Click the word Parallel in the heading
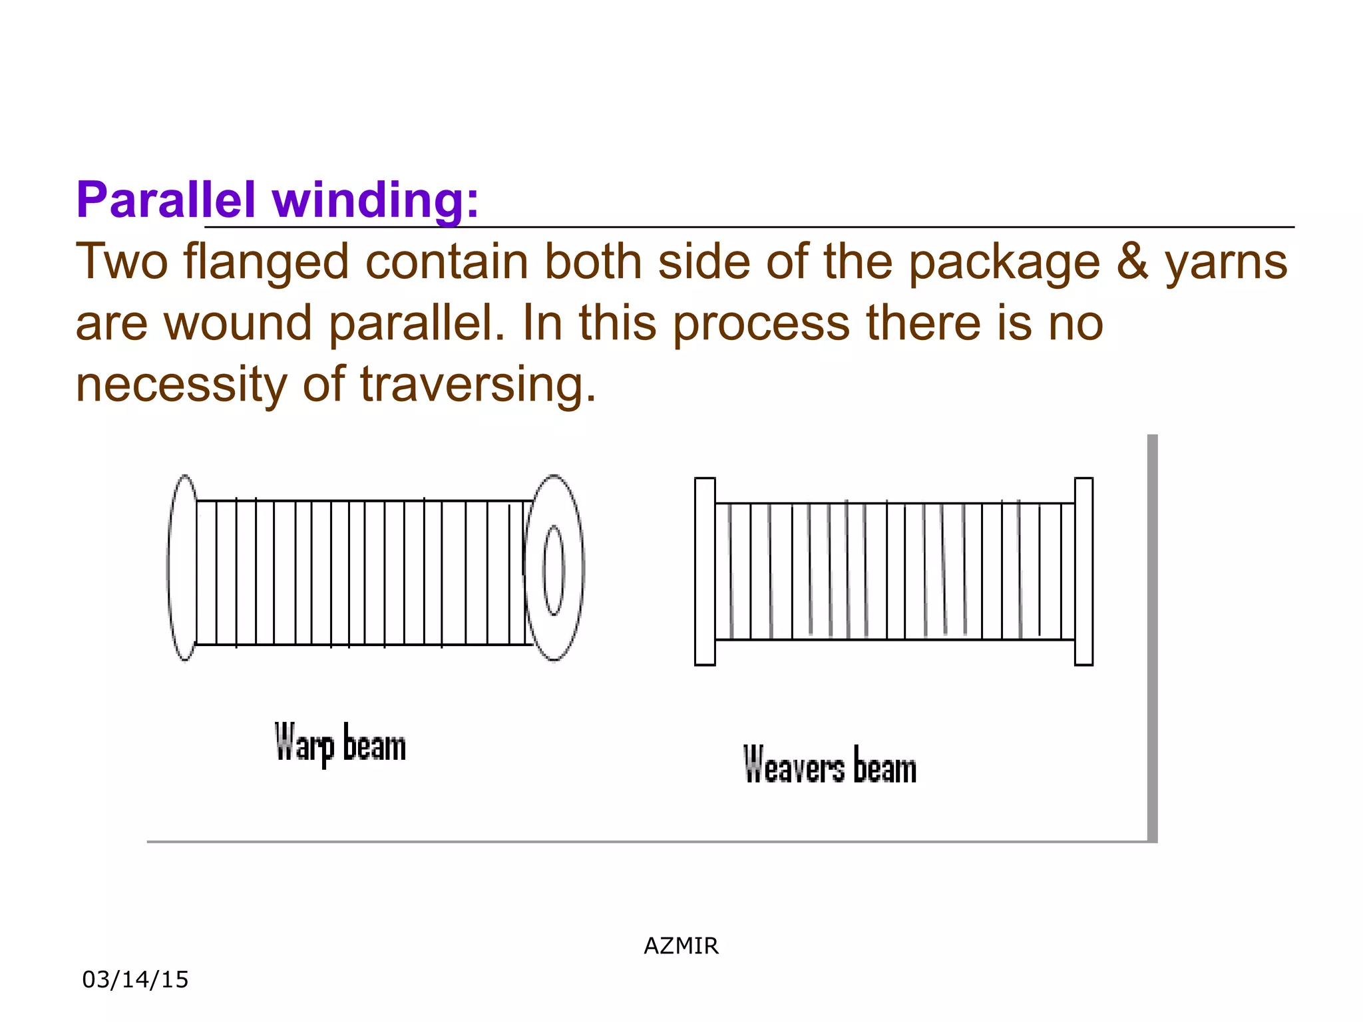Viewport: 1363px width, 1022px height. tap(166, 200)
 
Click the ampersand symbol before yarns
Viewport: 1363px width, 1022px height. tap(1132, 261)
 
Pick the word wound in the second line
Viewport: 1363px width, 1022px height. tap(238, 323)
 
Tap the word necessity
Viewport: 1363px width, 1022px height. tap(181, 385)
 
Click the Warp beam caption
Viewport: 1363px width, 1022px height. tap(340, 744)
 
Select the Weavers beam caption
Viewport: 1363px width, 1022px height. tap(829, 765)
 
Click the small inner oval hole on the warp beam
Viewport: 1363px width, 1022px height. tap(554, 570)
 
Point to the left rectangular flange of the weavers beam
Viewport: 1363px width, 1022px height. tap(705, 571)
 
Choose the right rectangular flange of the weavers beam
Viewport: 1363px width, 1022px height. tap(1083, 571)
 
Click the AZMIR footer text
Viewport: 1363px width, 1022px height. tap(681, 945)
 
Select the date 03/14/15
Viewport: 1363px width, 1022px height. tap(135, 979)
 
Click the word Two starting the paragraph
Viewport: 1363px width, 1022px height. tap(121, 262)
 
